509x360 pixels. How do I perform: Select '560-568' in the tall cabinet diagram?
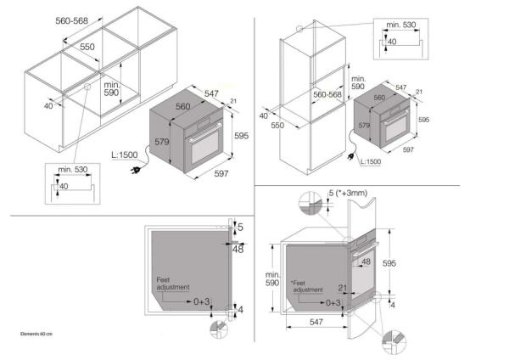pyautogui.click(x=327, y=96)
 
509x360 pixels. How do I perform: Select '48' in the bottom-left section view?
pyautogui.click(x=238, y=249)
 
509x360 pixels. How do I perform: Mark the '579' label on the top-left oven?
pyautogui.click(x=158, y=143)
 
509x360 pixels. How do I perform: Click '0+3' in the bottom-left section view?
pyautogui.click(x=202, y=301)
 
